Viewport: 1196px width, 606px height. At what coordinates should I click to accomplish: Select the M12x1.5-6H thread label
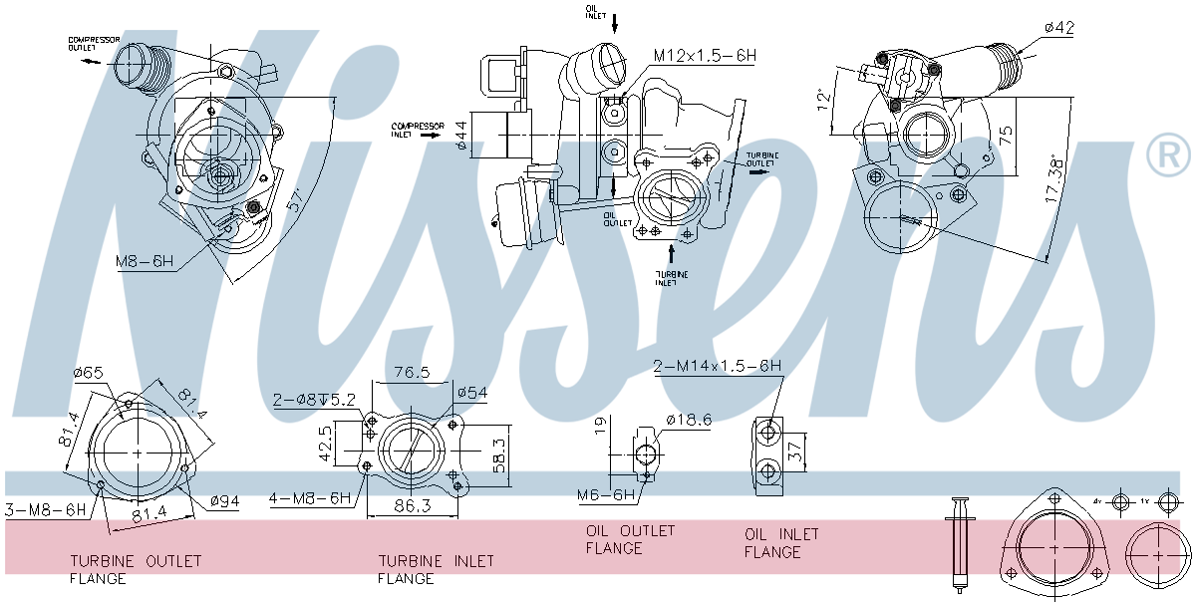705,56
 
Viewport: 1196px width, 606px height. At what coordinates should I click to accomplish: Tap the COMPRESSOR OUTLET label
90,43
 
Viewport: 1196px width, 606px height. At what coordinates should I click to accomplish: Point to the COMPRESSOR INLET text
418,130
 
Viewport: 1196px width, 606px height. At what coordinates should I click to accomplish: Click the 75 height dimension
1006,136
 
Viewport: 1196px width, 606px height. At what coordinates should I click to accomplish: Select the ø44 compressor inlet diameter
461,135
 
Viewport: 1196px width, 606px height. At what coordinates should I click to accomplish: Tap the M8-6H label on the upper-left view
145,263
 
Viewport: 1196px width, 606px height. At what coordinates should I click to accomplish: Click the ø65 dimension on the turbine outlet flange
89,374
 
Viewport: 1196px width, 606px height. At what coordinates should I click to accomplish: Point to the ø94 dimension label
224,501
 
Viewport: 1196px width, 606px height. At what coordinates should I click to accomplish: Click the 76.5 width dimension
412,373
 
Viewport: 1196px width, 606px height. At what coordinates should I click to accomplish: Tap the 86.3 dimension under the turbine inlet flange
412,506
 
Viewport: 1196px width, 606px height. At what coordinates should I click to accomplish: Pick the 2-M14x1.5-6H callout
717,366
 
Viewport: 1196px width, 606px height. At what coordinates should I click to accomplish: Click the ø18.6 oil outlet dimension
689,421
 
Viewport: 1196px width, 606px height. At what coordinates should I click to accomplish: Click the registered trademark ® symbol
1168,154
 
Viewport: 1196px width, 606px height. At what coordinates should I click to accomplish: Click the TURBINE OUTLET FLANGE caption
135,569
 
